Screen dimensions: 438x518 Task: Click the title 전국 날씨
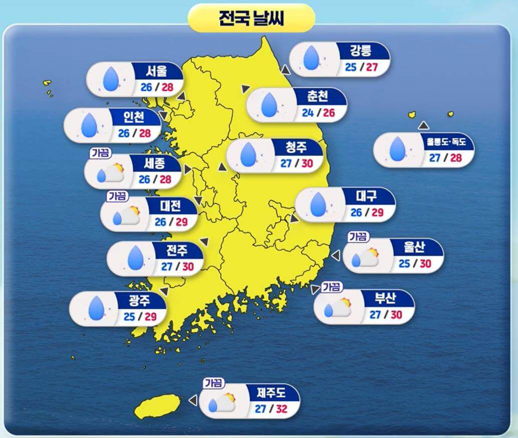(251, 19)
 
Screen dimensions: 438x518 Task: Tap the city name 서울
(157, 71)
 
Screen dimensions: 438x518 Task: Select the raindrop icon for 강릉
(311, 58)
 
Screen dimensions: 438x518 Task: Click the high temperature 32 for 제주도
(281, 408)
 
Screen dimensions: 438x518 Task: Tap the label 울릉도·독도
(446, 142)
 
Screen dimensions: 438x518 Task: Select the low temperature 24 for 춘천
(308, 112)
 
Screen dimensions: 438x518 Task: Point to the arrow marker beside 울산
(336, 256)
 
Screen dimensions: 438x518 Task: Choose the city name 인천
(134, 117)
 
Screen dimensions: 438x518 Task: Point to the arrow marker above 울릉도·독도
(424, 125)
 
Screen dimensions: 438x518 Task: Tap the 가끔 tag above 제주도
(213, 383)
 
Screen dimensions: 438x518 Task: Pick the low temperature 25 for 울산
(404, 263)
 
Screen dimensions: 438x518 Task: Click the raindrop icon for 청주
(248, 154)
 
